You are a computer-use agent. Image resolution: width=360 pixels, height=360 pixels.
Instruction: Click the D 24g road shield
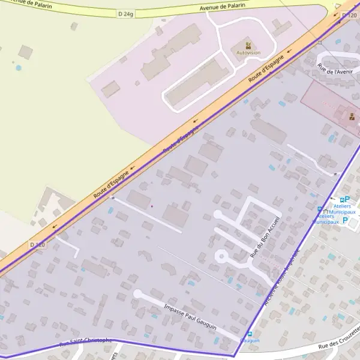pos(125,13)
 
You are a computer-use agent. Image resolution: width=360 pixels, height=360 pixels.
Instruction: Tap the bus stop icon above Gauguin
pos(250,334)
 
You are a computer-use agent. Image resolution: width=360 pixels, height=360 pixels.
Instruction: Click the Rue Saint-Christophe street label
pos(85,342)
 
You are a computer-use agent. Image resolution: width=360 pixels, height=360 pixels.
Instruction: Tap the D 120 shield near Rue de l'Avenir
pos(349,15)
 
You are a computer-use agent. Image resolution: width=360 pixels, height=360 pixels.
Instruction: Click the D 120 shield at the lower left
pos(37,245)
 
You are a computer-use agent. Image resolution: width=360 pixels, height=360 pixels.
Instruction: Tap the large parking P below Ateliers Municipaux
pos(344,220)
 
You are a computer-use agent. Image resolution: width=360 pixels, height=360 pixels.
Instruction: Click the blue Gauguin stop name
pos(250,341)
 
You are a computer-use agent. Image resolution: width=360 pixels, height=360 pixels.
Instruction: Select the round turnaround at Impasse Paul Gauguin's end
pos(137,294)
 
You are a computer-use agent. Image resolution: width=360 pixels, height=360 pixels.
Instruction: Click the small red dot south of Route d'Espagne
pos(152,206)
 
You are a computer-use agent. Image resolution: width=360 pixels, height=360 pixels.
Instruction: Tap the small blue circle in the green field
pos(19,67)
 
